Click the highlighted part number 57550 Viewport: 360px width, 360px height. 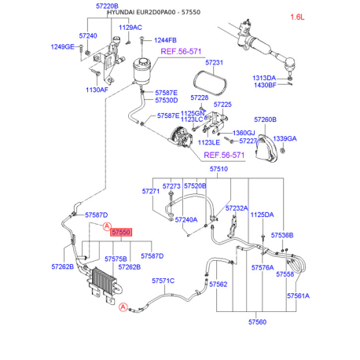tap(121, 233)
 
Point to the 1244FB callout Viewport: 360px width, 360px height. tap(165, 40)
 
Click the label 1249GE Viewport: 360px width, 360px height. tap(64, 47)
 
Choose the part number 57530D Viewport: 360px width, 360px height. tap(167, 100)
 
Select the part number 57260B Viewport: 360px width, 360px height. tap(264, 119)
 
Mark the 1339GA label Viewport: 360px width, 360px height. tap(285, 138)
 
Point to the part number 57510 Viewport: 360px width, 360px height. tap(218, 169)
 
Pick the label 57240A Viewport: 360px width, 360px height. tap(186, 219)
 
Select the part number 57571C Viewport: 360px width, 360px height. tap(163, 280)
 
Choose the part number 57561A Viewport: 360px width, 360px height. tap(297, 296)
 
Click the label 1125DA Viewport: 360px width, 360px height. tap(262, 214)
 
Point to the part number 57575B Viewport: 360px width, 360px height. tap(116, 257)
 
